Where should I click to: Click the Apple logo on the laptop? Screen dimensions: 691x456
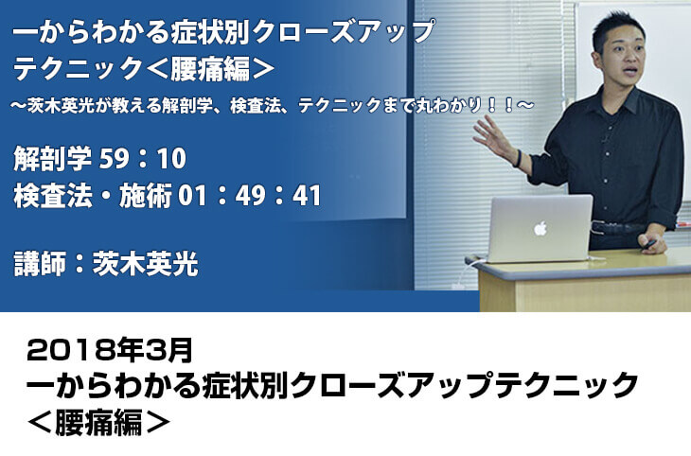click(x=540, y=228)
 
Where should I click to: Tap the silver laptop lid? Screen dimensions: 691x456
click(x=540, y=228)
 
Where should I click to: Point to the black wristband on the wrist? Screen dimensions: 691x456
click(x=518, y=158)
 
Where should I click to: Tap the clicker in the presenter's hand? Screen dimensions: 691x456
click(x=648, y=244)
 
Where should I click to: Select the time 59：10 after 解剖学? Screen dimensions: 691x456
click(x=142, y=159)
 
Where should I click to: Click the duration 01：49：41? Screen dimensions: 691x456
click(x=250, y=196)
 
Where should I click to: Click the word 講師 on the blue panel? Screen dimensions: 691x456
click(x=40, y=264)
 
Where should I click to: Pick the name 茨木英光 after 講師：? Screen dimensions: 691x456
click(x=145, y=264)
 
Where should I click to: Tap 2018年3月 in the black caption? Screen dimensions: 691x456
click(x=110, y=350)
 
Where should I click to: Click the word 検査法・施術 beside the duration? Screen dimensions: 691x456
click(x=93, y=196)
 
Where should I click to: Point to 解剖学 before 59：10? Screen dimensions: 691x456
click(x=53, y=159)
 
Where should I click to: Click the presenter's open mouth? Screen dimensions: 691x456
click(x=630, y=71)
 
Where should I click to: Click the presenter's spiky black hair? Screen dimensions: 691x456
click(x=617, y=26)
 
